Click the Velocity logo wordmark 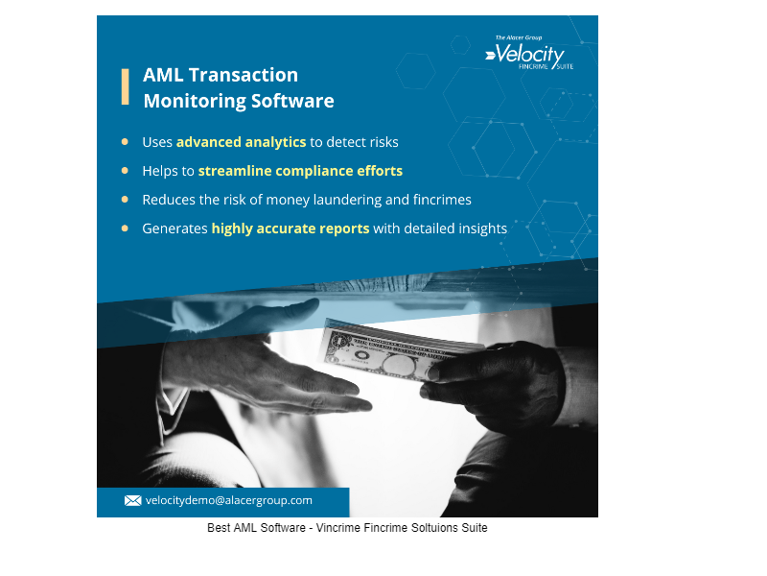(x=529, y=55)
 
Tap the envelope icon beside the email (x=132, y=500)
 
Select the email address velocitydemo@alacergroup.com (x=229, y=500)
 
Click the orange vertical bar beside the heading (x=126, y=86)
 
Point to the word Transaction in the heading (x=244, y=75)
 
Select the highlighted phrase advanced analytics (x=242, y=142)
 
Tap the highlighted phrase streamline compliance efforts (x=300, y=171)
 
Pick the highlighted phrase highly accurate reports (x=291, y=228)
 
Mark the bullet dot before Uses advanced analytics (x=125, y=142)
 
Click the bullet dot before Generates (x=125, y=228)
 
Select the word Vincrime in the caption (x=337, y=528)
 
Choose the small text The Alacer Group (x=519, y=37)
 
